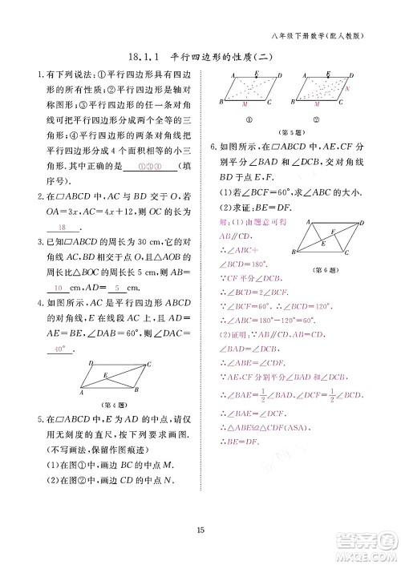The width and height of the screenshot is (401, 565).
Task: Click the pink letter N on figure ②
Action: [349, 90]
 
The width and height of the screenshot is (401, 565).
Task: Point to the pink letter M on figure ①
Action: [245, 104]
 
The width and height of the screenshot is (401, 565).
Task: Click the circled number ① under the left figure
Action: [249, 118]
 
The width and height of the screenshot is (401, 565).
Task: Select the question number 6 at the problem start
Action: [213, 147]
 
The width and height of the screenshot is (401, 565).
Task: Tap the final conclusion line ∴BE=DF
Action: [240, 442]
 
